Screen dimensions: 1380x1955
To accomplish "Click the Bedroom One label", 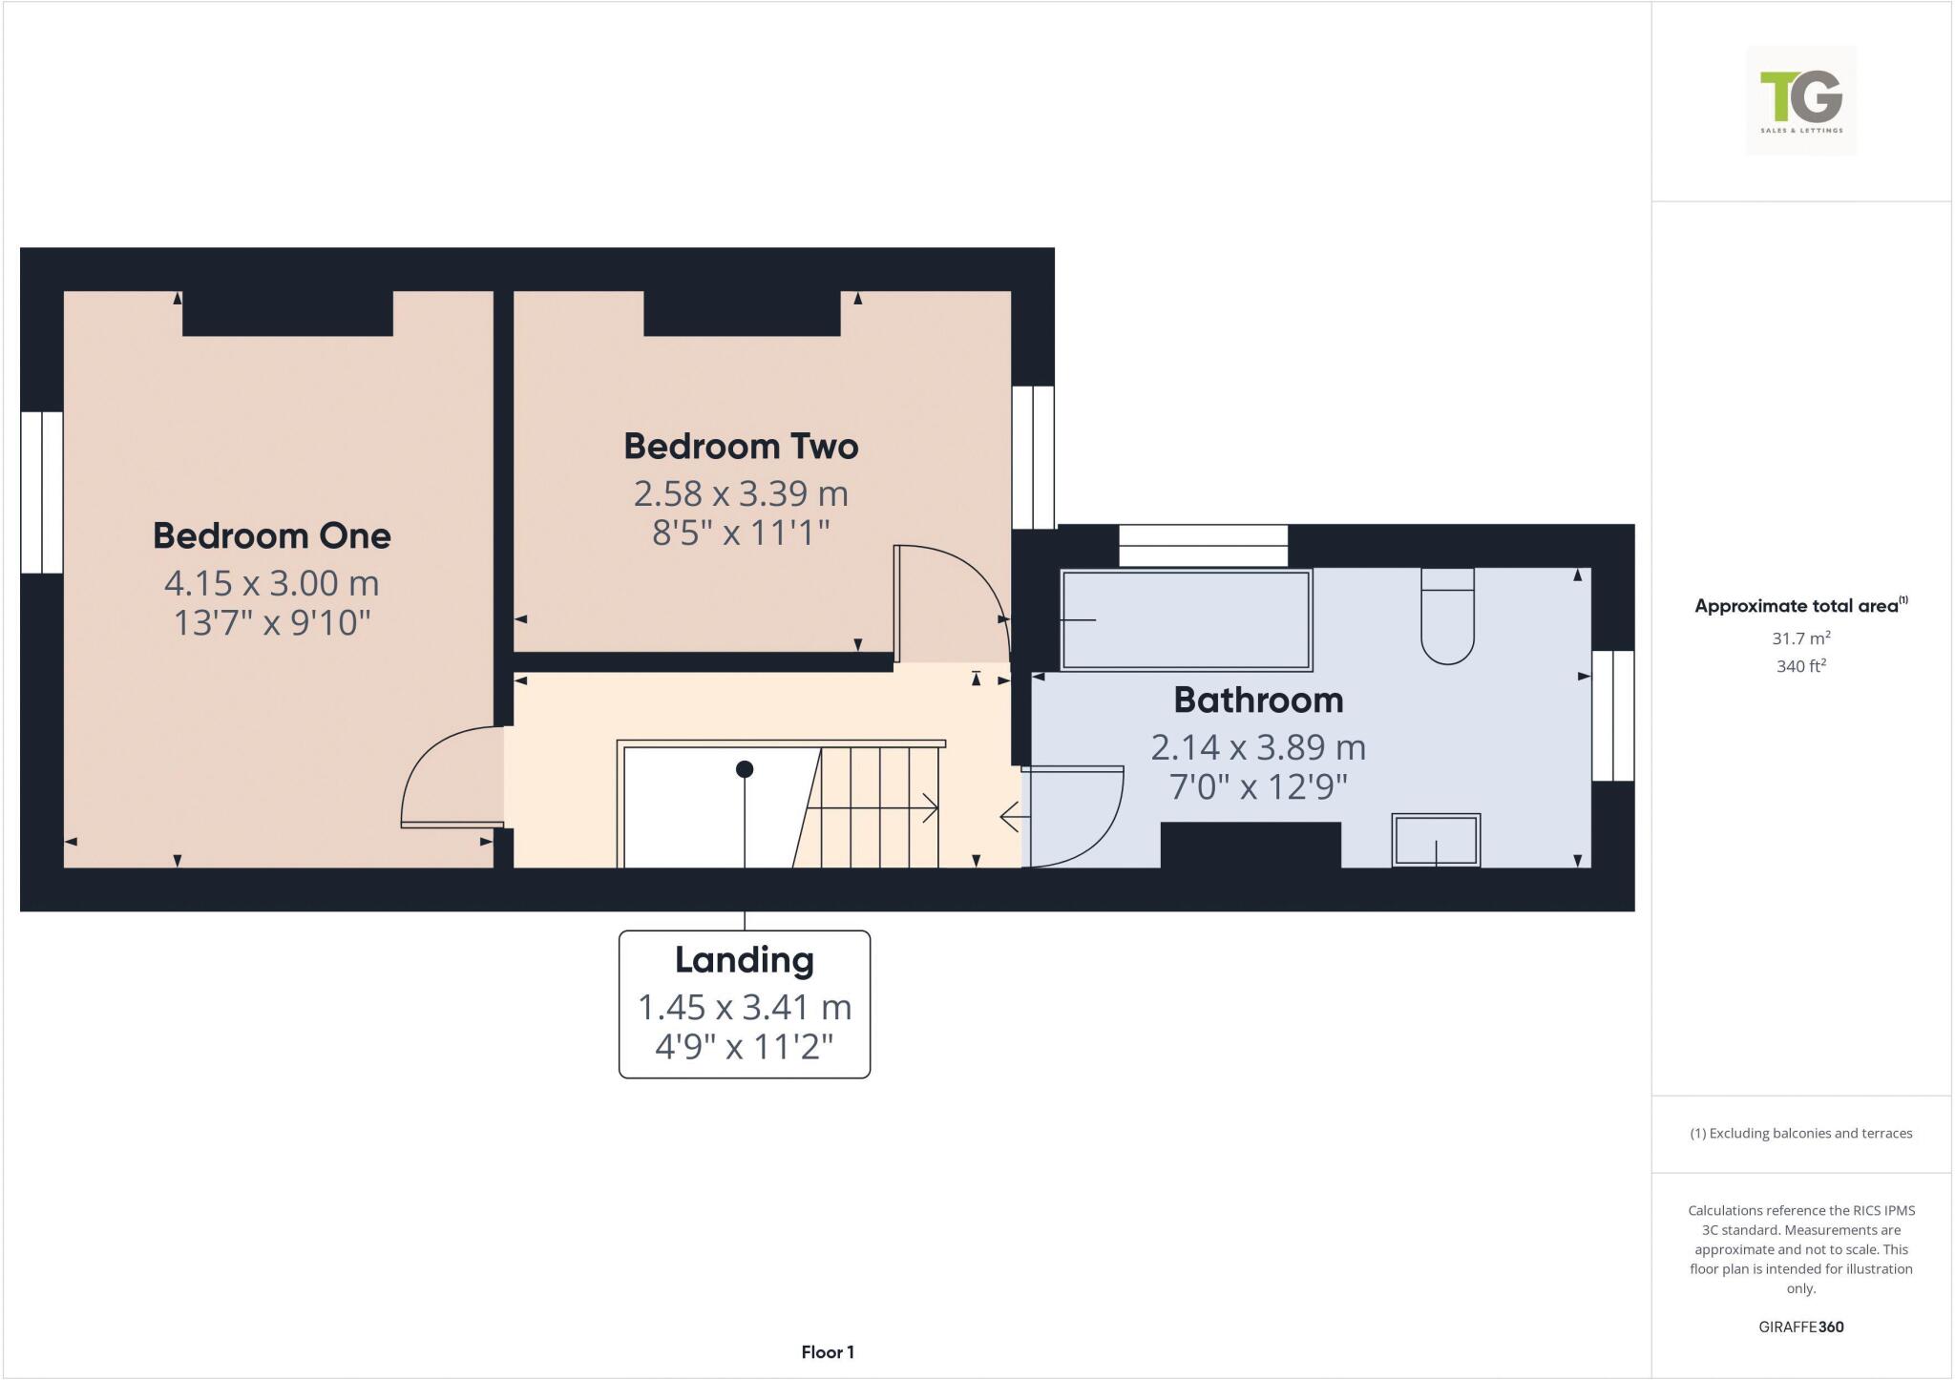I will point(272,535).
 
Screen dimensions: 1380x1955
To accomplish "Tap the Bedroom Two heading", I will point(741,447).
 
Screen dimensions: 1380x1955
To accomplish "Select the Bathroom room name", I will point(1258,700).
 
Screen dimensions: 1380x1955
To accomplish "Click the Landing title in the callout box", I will point(745,960).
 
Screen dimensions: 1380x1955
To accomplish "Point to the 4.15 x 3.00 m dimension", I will point(272,582).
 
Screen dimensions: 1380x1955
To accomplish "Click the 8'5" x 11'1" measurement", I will point(741,533).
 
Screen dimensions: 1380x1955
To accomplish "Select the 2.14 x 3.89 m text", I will point(1258,747).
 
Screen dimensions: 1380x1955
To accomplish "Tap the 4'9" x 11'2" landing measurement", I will point(745,1048).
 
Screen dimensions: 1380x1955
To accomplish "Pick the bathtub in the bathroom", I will point(1187,619).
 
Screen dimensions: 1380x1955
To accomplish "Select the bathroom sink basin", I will point(1436,841).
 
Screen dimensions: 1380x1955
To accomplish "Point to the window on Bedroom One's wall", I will point(42,492).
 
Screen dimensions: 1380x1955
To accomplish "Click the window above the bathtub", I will point(1203,546).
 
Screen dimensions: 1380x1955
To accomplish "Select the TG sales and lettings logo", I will point(1800,100).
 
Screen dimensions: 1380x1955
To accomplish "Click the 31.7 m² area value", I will point(1801,638).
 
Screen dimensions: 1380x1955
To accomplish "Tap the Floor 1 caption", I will point(828,1352).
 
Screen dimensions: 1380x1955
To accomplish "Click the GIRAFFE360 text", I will point(1800,1327).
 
